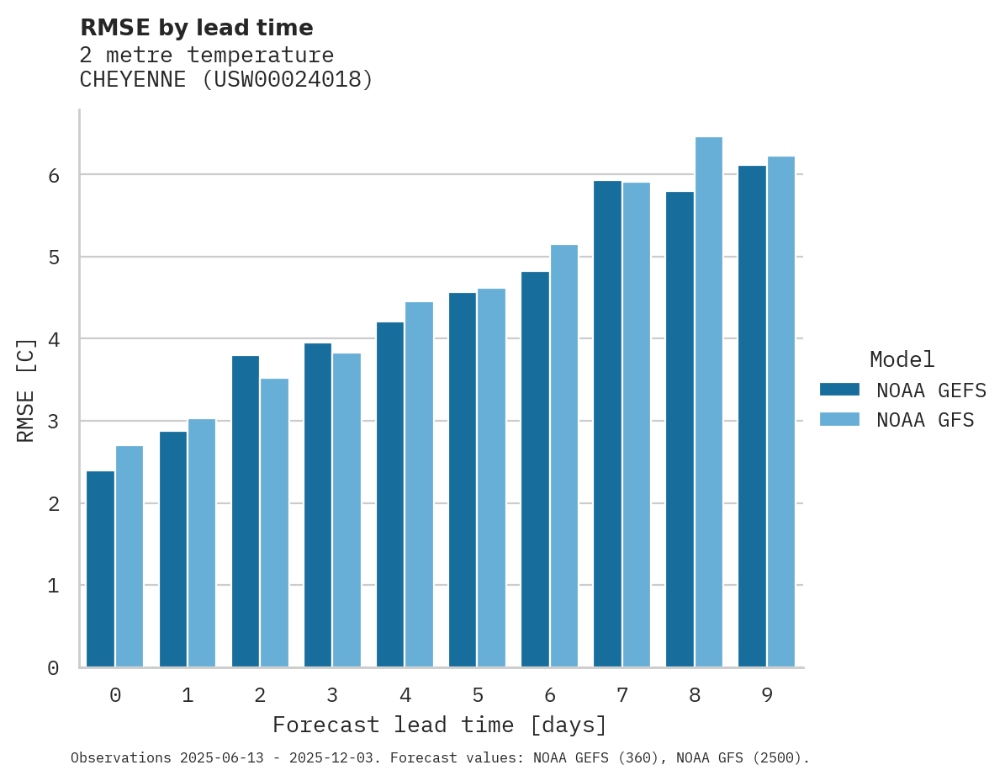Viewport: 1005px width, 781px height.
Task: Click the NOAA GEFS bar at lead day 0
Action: point(100,569)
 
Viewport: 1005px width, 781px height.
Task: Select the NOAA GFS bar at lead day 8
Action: point(709,402)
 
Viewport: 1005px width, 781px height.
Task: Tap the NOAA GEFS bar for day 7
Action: point(607,424)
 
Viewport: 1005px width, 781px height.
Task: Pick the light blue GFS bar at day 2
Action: point(274,523)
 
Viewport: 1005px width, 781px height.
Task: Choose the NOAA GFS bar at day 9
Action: point(781,412)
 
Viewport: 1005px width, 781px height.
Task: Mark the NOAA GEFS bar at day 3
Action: point(318,505)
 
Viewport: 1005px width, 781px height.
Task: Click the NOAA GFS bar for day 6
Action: point(564,456)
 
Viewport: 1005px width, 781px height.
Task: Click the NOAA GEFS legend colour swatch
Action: point(839,390)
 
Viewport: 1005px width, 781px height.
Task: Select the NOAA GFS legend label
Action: point(925,420)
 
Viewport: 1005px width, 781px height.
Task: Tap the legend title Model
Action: point(902,359)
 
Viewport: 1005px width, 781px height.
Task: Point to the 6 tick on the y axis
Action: point(53,175)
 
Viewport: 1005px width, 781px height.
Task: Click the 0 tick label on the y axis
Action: point(53,668)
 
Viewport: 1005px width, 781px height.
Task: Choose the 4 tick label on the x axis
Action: point(405,695)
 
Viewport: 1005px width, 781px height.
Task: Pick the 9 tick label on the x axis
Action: point(767,695)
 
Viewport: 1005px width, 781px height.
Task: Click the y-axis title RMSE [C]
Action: point(26,390)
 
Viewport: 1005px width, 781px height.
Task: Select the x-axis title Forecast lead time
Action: point(439,725)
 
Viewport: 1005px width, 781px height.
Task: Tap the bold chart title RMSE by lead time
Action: point(196,28)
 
